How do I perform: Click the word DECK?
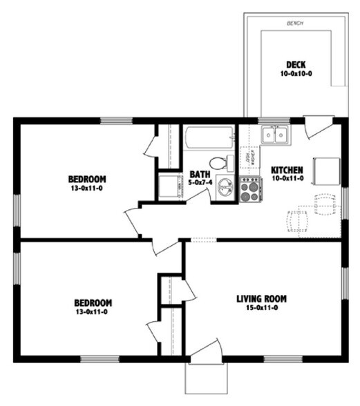[296, 65]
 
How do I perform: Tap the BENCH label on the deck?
[295, 23]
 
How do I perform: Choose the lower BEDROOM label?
[93, 302]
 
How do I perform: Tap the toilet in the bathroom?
[219, 164]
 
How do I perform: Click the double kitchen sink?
[275, 135]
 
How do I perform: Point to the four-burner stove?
[249, 188]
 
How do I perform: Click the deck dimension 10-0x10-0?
[296, 74]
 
